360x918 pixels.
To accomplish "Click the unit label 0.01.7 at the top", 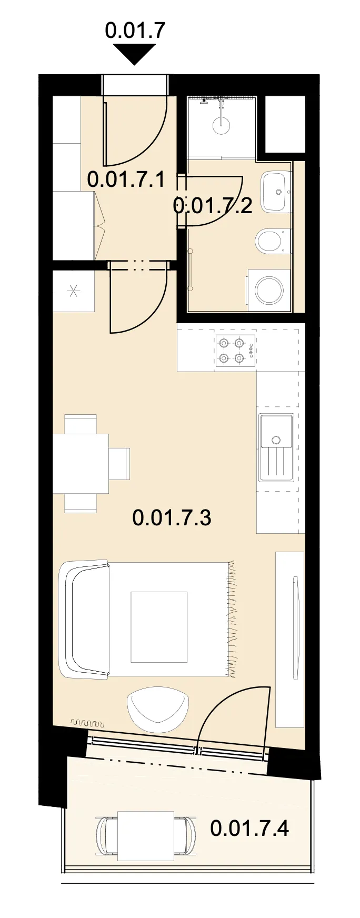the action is click(x=135, y=31).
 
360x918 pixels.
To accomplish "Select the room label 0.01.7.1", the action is click(x=126, y=179).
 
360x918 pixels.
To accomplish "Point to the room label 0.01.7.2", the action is click(x=213, y=205).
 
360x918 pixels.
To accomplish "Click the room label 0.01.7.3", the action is click(x=172, y=517).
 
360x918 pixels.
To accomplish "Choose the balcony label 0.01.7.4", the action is click(x=249, y=829).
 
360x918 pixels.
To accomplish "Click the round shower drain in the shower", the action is click(x=222, y=125).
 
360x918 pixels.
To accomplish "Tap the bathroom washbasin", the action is click(x=276, y=192).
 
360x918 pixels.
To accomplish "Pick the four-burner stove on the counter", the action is click(x=235, y=351).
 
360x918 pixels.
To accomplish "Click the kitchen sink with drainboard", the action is click(x=276, y=447).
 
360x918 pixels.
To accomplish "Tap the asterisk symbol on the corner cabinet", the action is click(x=73, y=291).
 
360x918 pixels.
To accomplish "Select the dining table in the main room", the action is click(x=81, y=463).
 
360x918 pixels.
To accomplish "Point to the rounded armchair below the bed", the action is click(x=158, y=709).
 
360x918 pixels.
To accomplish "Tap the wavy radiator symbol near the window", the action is click(x=87, y=723).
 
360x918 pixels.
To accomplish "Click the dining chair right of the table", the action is click(x=119, y=463).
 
